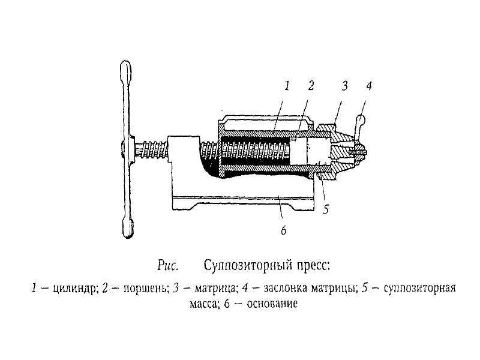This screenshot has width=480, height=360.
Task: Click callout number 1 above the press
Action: (287, 86)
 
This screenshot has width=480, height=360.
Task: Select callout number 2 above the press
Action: (311, 86)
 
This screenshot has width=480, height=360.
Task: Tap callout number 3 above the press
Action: (344, 86)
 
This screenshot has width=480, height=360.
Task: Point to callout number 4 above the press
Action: (368, 86)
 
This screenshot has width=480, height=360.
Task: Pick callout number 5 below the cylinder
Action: (326, 209)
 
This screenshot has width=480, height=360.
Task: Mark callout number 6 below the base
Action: (283, 230)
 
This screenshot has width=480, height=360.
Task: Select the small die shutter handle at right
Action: (359, 125)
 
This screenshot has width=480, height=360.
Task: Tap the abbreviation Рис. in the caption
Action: (168, 265)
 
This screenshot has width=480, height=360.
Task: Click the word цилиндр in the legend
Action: (76, 289)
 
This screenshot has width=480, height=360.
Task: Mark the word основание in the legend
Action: (272, 304)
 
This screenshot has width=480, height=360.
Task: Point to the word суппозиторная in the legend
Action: (419, 289)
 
